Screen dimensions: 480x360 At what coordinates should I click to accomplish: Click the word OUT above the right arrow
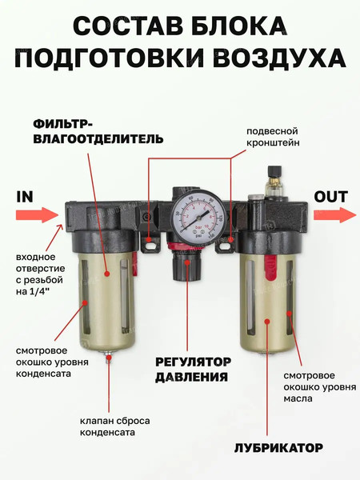tap(330, 196)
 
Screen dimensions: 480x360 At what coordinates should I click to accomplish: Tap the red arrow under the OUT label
tap(334, 214)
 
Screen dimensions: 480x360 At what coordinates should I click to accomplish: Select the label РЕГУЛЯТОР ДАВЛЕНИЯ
tap(192, 369)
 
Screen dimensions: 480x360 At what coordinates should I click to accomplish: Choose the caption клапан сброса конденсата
tap(114, 426)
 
